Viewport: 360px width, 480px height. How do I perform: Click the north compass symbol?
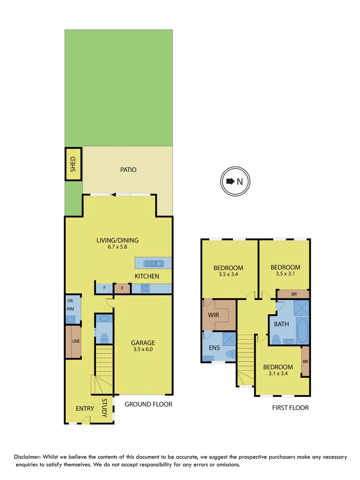(235, 181)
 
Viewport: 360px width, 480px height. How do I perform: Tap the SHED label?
(74, 164)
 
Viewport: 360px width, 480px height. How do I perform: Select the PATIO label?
(128, 170)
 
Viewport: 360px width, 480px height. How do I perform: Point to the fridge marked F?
(104, 288)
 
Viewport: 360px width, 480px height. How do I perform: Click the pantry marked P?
(122, 288)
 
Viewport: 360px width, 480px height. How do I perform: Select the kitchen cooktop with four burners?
(145, 288)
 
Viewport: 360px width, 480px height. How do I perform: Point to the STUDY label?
(104, 408)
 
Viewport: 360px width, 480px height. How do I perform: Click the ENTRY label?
(85, 409)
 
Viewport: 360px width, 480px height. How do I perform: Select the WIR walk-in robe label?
(214, 315)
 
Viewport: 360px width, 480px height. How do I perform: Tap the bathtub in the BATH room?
(303, 331)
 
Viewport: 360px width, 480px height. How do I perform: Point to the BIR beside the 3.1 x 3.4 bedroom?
(305, 361)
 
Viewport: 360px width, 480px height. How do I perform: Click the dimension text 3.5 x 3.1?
(285, 274)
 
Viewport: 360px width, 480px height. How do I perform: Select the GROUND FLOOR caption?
(148, 404)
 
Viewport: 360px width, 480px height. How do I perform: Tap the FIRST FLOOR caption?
(290, 408)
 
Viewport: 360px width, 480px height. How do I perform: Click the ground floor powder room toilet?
(104, 338)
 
